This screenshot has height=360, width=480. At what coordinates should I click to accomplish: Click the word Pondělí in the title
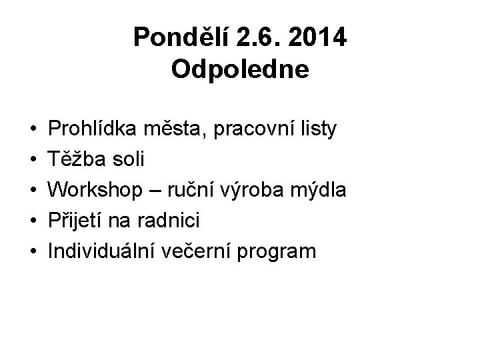[176, 38]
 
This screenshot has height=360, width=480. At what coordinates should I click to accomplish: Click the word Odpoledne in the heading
[240, 69]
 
